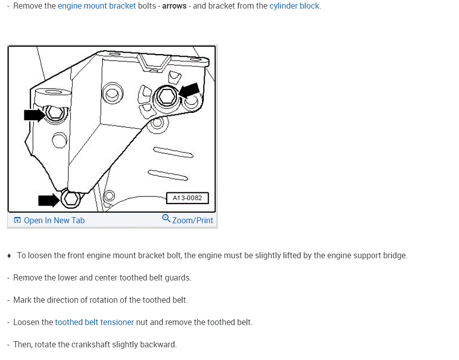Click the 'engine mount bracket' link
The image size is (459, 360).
[x=97, y=6]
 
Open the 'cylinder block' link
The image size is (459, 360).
[x=294, y=6]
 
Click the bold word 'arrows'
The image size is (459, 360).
[x=174, y=6]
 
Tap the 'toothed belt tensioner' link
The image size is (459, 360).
[x=94, y=322]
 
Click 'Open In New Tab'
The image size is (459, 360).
[x=54, y=220]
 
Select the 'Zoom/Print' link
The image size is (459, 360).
[x=193, y=220]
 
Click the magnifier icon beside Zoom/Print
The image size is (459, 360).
[x=166, y=218]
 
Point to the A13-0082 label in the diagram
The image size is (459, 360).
[x=187, y=198]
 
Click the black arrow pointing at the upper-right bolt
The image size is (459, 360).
[x=189, y=92]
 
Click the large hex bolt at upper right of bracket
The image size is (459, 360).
[x=165, y=97]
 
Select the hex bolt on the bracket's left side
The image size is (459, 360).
[x=54, y=113]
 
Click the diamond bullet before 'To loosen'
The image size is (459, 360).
[x=10, y=256]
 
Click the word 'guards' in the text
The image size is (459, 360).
[x=178, y=277]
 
